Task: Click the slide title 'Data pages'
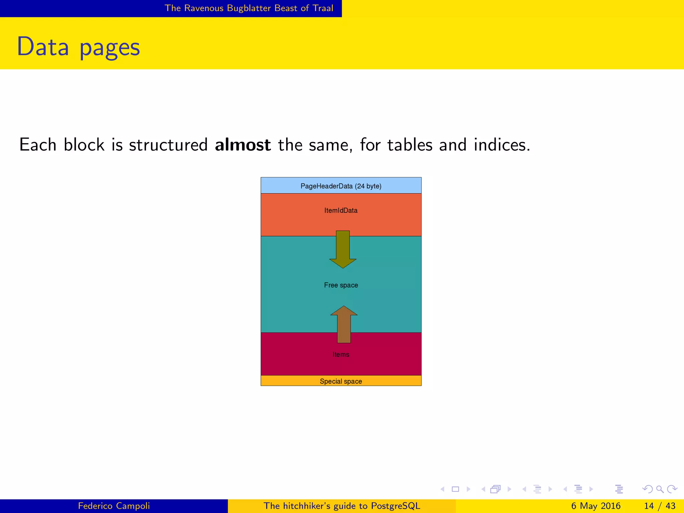click(78, 47)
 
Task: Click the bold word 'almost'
click(243, 145)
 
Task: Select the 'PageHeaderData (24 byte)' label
click(341, 186)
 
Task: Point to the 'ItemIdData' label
click(341, 210)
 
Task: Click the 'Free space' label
click(341, 285)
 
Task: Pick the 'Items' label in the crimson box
click(341, 354)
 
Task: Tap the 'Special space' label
click(341, 381)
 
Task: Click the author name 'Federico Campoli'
click(114, 506)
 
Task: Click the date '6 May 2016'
click(595, 506)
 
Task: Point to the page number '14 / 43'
click(660, 506)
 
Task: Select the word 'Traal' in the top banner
click(323, 8)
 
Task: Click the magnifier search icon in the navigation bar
click(660, 489)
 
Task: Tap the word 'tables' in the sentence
click(410, 145)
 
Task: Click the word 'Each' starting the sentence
click(38, 145)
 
